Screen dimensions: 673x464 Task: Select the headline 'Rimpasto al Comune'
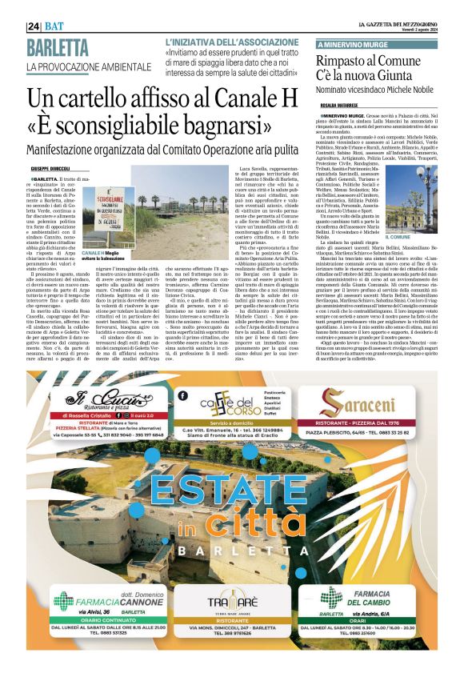click(x=368, y=62)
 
